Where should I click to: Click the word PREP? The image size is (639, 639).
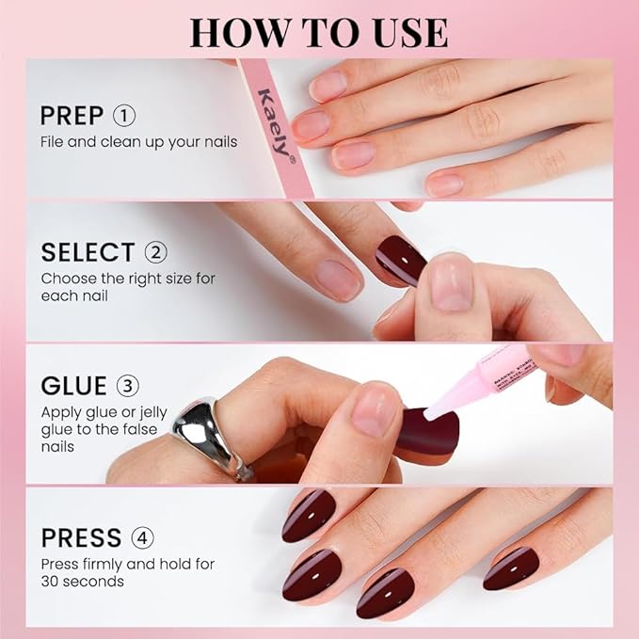click(72, 117)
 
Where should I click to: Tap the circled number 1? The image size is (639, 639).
click(124, 117)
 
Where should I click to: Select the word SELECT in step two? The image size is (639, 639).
click(88, 252)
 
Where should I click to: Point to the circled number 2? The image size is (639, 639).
click(156, 252)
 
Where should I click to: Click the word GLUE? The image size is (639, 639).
click(73, 387)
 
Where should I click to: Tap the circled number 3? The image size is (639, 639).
click(127, 387)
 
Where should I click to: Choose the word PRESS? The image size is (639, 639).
click(81, 538)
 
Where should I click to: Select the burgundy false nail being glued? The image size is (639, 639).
click(427, 436)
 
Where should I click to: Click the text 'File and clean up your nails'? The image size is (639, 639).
click(138, 142)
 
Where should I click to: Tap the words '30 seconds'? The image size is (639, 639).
click(83, 581)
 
